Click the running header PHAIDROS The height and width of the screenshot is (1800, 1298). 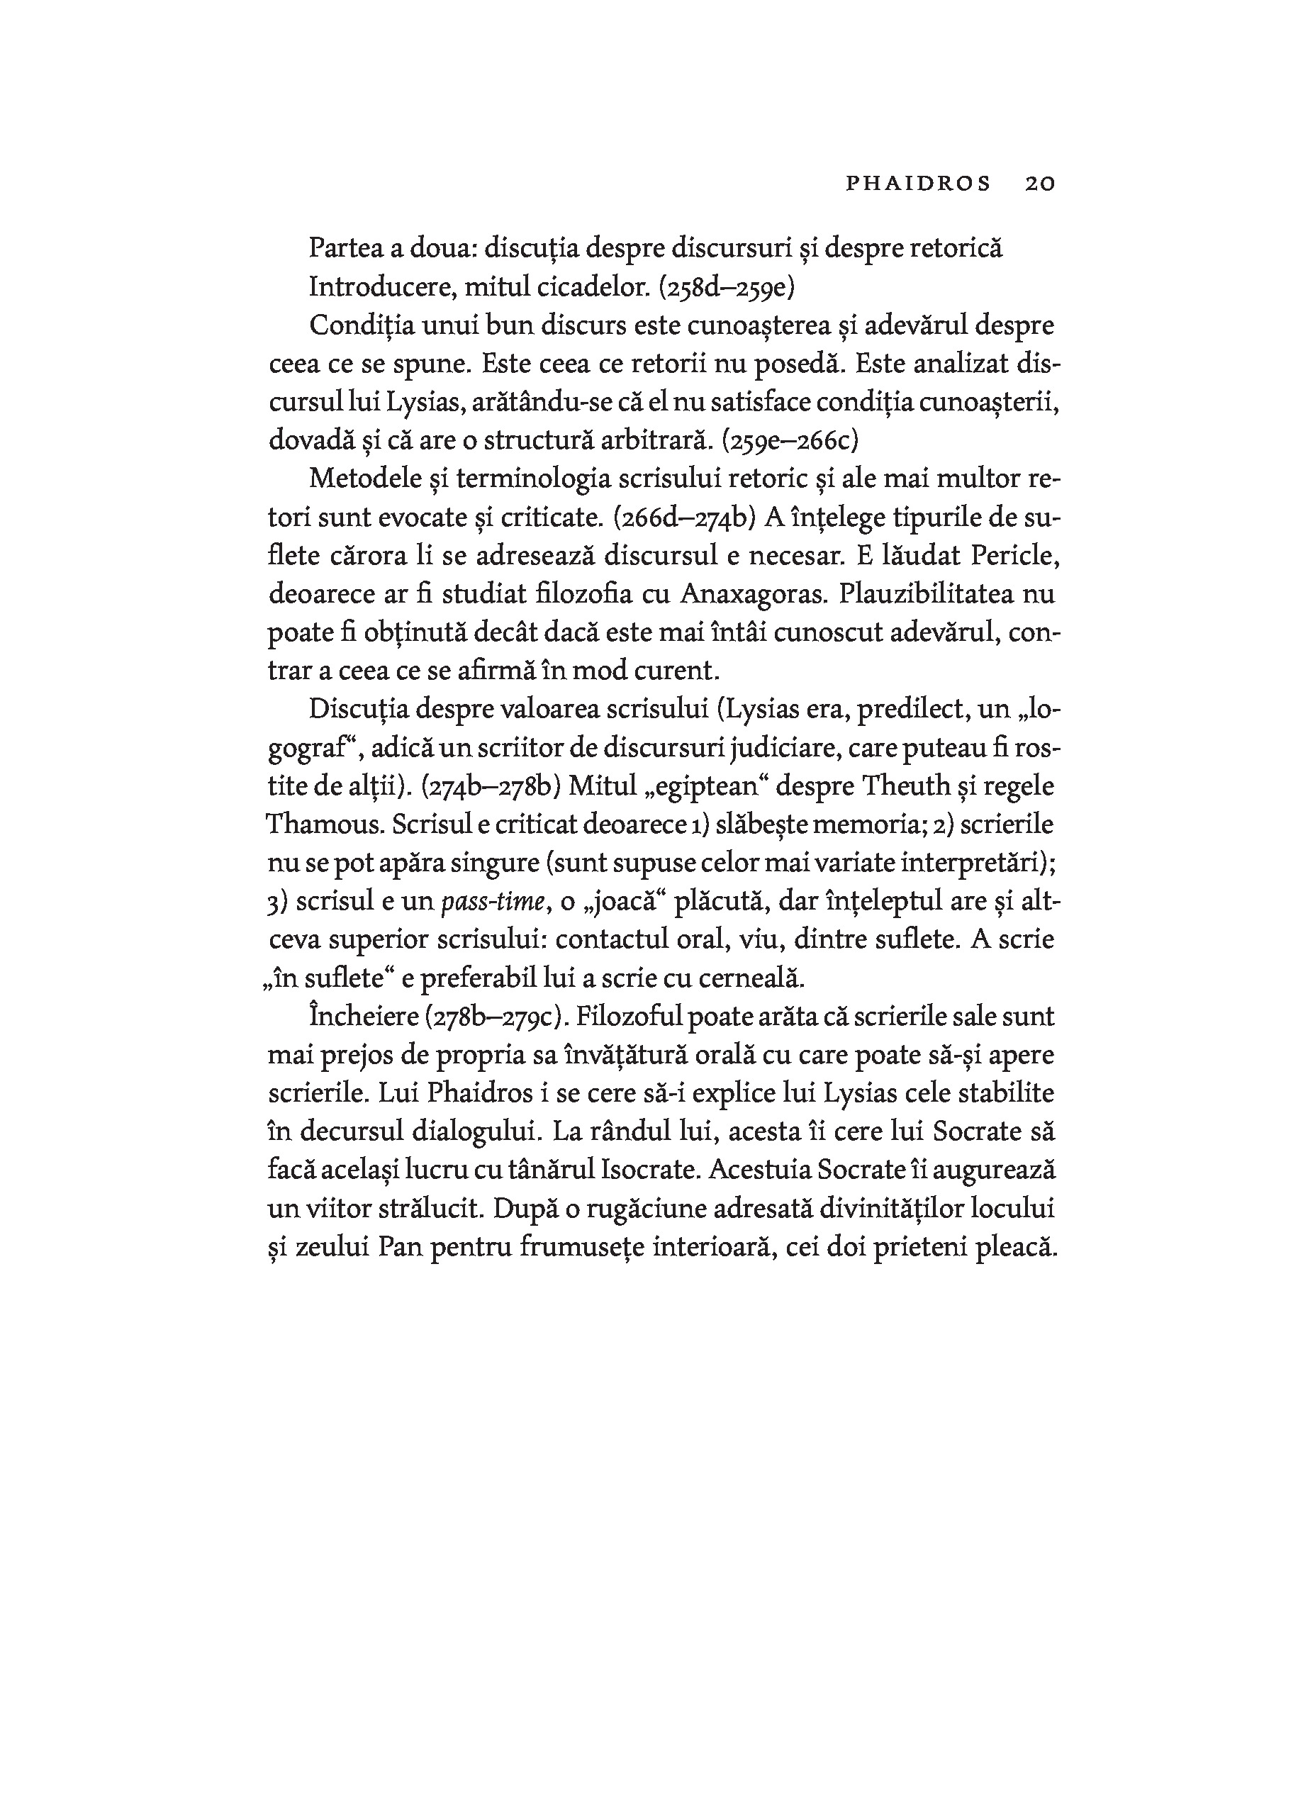coord(918,184)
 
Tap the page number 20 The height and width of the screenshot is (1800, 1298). coord(1040,184)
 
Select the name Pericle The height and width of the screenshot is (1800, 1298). coord(1014,556)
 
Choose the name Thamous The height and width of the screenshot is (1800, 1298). coord(324,824)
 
